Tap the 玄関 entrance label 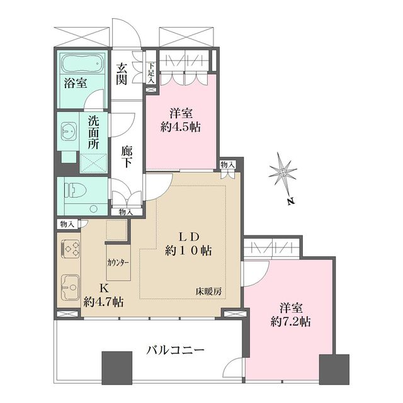[x=122, y=74]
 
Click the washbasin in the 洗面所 [x=68, y=132]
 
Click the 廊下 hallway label [x=127, y=157]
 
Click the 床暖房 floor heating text [x=208, y=292]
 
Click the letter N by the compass [x=288, y=202]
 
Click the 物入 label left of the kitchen [x=67, y=224]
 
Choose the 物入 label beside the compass [x=227, y=165]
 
